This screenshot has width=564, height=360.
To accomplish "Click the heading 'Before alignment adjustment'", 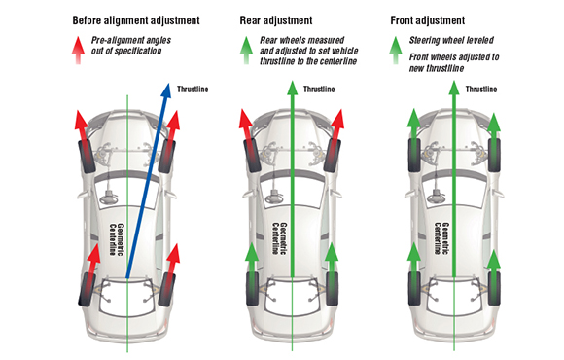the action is coord(136,20).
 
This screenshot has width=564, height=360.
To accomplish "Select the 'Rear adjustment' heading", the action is coord(276,20).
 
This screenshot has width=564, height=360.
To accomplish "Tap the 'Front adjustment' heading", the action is coord(427,20).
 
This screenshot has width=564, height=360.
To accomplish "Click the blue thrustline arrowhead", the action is coord(165,90).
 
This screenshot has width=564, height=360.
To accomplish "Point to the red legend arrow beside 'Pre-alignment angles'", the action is coord(78,51).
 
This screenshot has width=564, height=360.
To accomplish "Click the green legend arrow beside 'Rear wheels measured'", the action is coord(246,51).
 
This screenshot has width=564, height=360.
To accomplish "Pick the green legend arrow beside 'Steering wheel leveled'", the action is coord(396,51).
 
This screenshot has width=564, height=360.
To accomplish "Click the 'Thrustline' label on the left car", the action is coord(193,90).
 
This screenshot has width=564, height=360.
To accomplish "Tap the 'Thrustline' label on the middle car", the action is coord(319,90).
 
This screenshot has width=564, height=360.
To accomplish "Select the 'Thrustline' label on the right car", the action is coord(481,90).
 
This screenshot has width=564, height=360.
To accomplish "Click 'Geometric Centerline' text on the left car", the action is coord(117,239).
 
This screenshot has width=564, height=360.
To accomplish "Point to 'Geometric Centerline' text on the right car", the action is coord(441,238).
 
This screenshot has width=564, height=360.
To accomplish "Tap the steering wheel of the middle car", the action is coord(273,198).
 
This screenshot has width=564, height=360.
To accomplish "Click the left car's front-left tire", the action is coord(87,157).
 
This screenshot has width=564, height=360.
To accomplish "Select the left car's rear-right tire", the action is coord(167,290).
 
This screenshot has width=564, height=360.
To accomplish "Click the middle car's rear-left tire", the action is coord(253,289).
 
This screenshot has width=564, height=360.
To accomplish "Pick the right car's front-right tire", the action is coord(494,155).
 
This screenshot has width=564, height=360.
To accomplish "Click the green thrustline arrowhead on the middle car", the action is coord(292,89).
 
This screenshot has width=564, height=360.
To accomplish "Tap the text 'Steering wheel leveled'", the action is coord(451,40).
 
